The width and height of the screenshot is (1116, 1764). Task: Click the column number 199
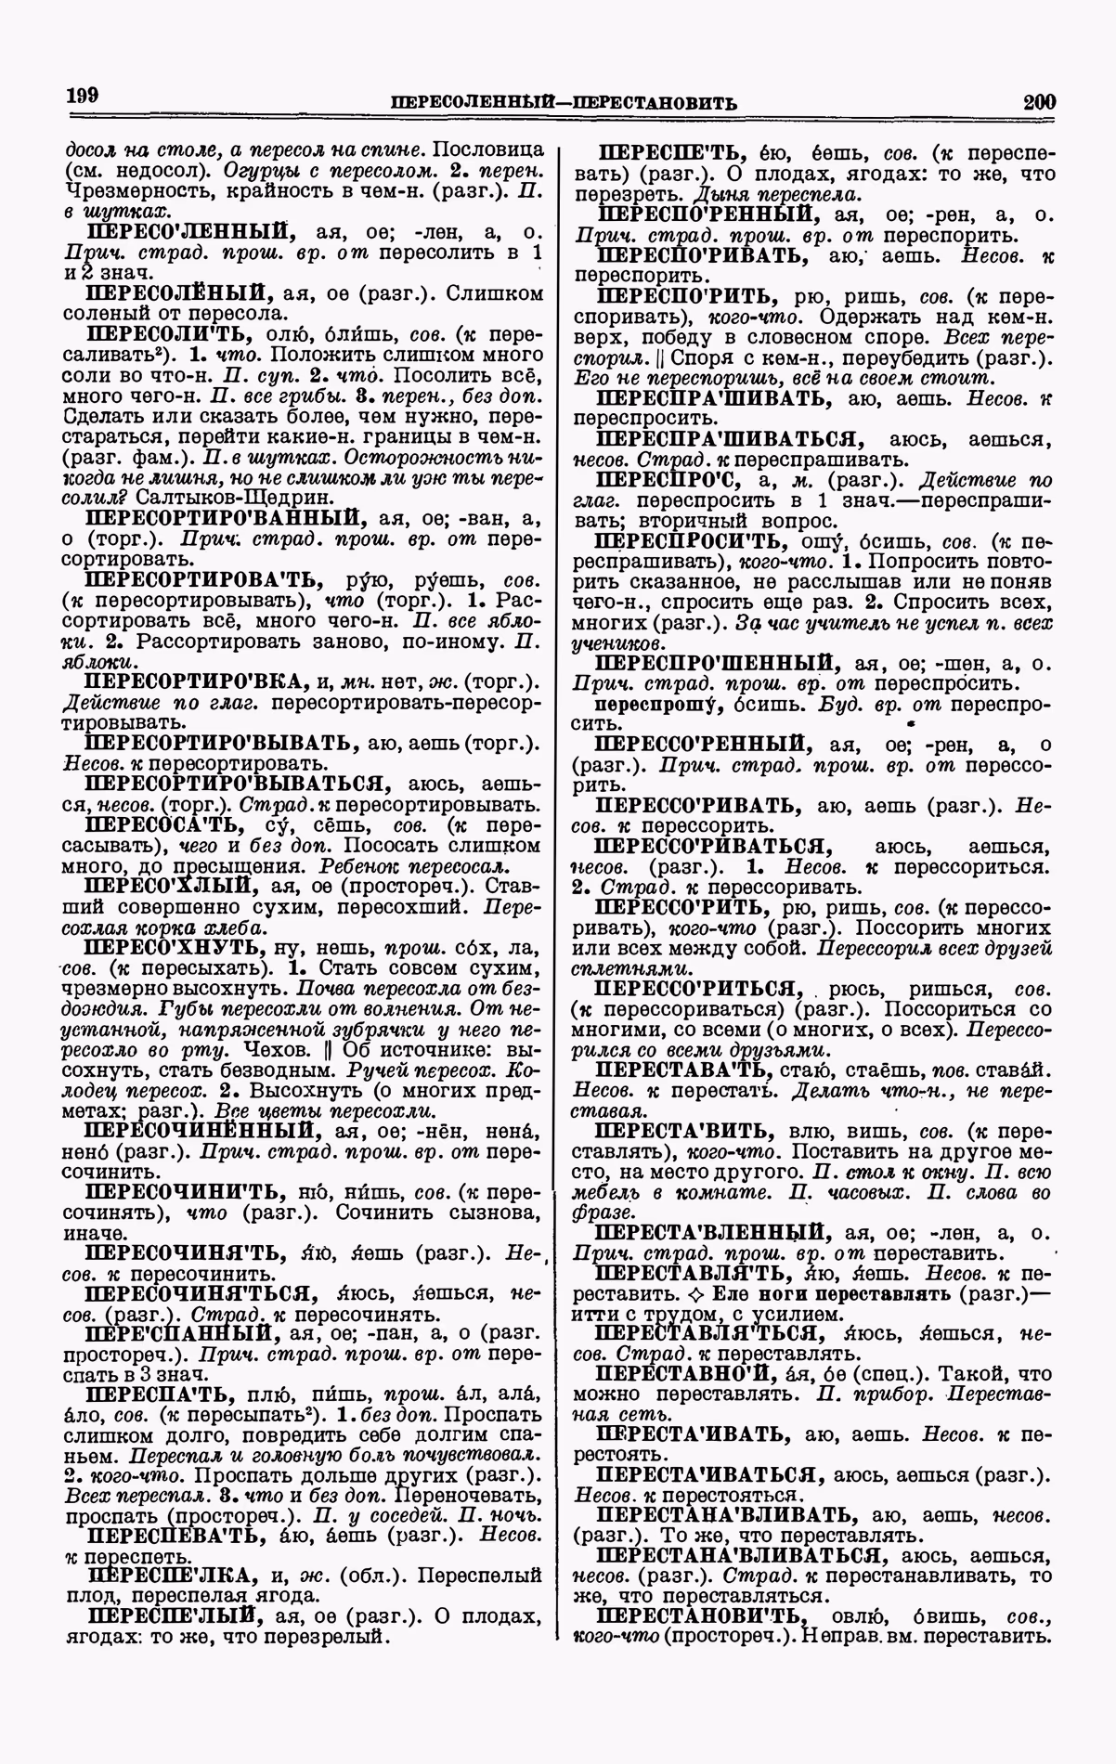point(83,96)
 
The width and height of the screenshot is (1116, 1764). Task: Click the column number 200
point(1038,101)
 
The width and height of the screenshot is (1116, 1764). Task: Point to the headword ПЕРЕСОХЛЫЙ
point(167,884)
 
